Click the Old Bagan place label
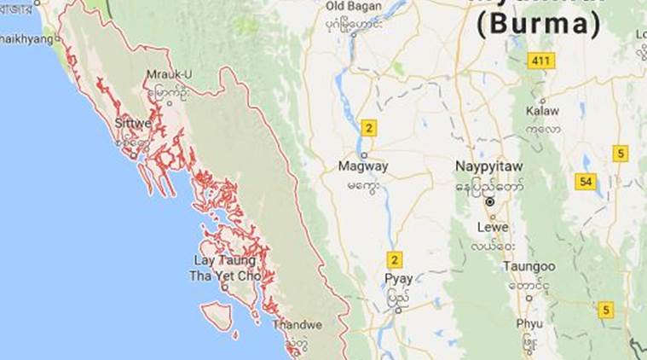pyautogui.click(x=353, y=7)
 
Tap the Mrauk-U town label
pyautogui.click(x=169, y=74)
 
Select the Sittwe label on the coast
pyautogui.click(x=133, y=123)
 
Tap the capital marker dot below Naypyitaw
pyautogui.click(x=490, y=202)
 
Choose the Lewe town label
pyautogui.click(x=493, y=228)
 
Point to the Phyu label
pyautogui.click(x=529, y=323)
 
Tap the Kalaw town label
pyautogui.click(x=542, y=111)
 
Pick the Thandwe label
pyautogui.click(x=297, y=324)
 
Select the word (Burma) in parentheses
pyautogui.click(x=537, y=25)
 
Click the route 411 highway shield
pyautogui.click(x=540, y=61)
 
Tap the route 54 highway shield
pyautogui.click(x=586, y=182)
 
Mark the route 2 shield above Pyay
pyautogui.click(x=394, y=260)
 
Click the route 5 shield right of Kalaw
pyautogui.click(x=621, y=154)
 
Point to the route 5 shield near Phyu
pyautogui.click(x=605, y=310)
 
